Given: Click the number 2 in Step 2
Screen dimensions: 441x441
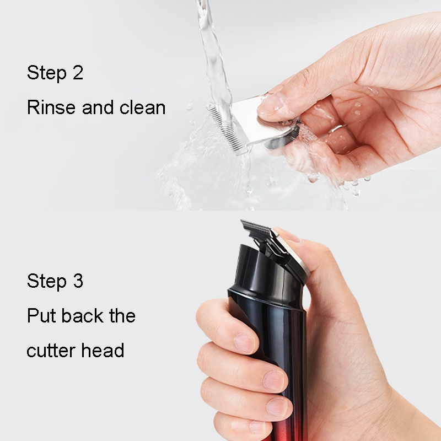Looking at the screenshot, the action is (78, 72).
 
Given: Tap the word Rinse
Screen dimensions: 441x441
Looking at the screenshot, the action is (51, 107).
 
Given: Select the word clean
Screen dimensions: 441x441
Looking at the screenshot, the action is (142, 107).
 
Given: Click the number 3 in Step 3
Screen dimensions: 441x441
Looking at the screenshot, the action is (78, 281).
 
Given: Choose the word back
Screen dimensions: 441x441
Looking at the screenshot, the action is (82, 315).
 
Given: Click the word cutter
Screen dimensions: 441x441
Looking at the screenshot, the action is (51, 351).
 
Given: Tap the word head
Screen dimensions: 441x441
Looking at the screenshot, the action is (103, 350).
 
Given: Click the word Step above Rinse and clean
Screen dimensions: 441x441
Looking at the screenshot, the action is (47, 73).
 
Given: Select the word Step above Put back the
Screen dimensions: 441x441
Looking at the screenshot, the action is (47, 281).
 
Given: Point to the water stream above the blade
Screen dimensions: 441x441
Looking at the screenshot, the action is (214, 56).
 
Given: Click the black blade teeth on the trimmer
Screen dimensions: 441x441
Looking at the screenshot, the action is (255, 225).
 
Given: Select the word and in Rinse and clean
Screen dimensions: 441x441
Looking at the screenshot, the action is (98, 107).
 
